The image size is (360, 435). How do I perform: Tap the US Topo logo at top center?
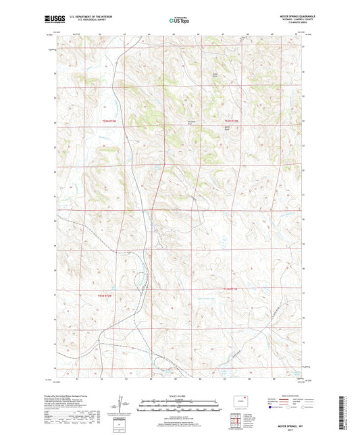(x=180, y=20)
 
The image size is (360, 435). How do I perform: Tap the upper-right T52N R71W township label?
(x=232, y=121)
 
